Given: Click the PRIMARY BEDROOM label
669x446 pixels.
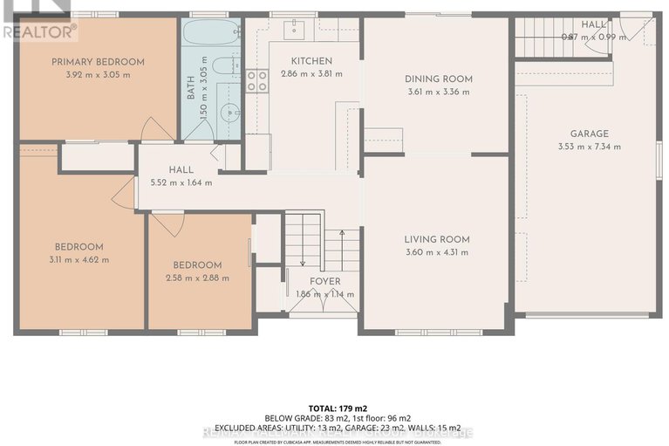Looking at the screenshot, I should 98,62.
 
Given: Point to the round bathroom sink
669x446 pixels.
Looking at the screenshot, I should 229,112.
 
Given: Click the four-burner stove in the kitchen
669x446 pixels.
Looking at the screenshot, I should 256,81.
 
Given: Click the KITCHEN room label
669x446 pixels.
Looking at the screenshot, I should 311,61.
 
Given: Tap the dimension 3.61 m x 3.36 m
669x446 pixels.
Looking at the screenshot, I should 439,92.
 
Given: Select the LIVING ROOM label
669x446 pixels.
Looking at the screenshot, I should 437,239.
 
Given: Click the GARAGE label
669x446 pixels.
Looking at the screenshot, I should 590,134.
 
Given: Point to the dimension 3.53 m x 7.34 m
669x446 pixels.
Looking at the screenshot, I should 590,146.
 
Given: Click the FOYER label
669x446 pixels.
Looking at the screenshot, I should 325,281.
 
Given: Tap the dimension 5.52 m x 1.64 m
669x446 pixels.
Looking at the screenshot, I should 181,182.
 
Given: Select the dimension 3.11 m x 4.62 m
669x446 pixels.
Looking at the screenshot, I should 79,259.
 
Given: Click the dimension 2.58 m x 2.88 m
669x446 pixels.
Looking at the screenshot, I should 196,278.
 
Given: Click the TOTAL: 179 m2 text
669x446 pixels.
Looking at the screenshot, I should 334,408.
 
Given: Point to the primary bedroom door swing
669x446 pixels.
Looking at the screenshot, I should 156,129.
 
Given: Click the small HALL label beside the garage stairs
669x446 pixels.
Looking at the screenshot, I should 593,24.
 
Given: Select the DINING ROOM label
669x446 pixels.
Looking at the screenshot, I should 439,79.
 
